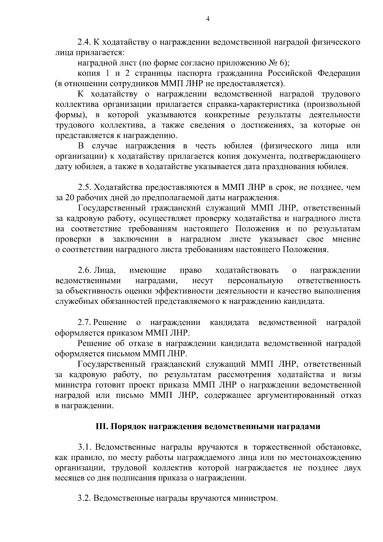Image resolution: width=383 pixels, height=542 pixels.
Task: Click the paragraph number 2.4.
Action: pos(84,42)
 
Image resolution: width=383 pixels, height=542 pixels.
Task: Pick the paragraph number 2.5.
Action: pos(84,187)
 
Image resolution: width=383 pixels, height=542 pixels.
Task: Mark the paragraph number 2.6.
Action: pos(84,271)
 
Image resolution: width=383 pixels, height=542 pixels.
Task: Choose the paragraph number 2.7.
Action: pos(84,322)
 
